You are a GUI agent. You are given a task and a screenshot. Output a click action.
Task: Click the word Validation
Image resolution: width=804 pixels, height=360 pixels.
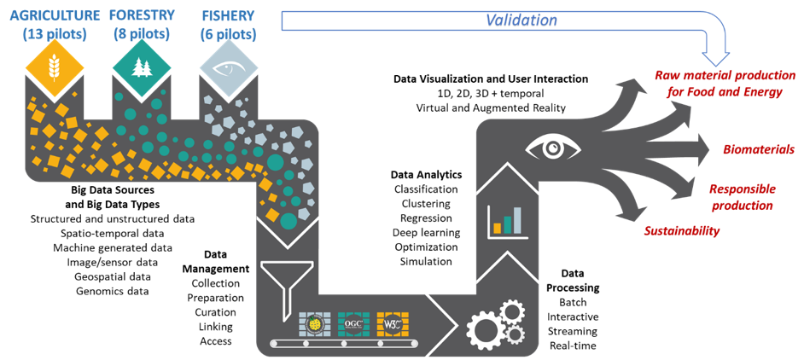pyautogui.click(x=521, y=20)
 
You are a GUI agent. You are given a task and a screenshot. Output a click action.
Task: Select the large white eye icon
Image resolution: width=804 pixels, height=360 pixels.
pyautogui.click(x=551, y=148)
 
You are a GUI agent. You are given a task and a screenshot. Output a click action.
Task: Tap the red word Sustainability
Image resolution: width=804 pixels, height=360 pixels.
pyautogui.click(x=681, y=230)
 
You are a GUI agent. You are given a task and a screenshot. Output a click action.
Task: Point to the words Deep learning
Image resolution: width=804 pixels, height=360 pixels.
pyautogui.click(x=426, y=232)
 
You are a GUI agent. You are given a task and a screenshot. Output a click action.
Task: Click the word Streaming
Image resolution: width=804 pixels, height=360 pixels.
pyautogui.click(x=573, y=331)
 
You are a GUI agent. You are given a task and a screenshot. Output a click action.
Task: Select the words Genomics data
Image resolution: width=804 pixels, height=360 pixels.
pyautogui.click(x=113, y=291)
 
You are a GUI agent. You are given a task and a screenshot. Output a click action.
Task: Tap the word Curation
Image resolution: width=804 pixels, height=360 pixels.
pyautogui.click(x=215, y=311)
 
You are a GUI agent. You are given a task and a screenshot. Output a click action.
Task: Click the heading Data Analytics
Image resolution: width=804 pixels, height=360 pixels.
pyautogui.click(x=426, y=174)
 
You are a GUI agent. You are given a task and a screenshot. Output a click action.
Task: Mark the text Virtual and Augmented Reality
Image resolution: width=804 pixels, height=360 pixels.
pyautogui.click(x=491, y=107)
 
